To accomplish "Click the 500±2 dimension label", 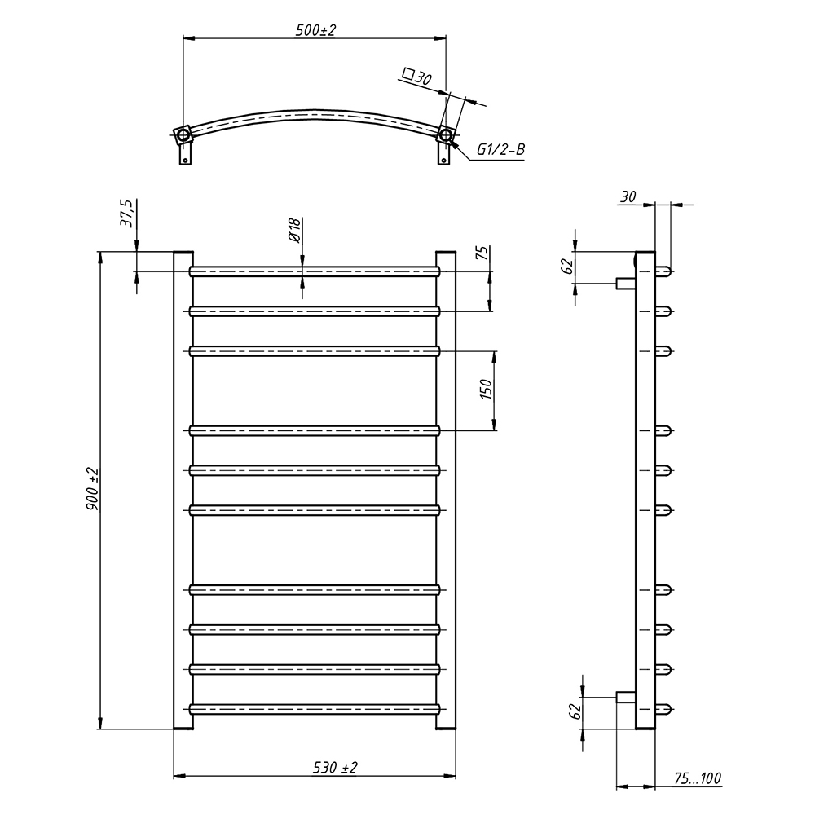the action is pyautogui.click(x=315, y=30).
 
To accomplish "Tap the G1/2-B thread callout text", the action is pyautogui.click(x=501, y=150).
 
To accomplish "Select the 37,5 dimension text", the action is pyautogui.click(x=127, y=213).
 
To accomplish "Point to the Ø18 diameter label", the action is pyautogui.click(x=294, y=231).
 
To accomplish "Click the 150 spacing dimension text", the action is pyautogui.click(x=486, y=390).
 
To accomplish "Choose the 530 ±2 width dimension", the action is pyautogui.click(x=335, y=767).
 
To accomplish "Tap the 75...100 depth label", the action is pyautogui.click(x=698, y=778).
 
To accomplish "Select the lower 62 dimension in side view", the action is pyautogui.click(x=575, y=711).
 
